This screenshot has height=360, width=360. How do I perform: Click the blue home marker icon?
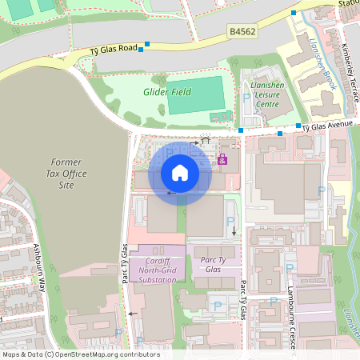pos(180,173)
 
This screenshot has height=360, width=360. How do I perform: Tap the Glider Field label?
pos(168,92)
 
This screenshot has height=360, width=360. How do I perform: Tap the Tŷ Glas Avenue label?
pos(332,125)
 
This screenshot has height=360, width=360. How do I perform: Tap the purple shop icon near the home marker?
pos(222,160)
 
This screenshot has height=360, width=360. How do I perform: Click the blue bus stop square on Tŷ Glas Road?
pos(141,50)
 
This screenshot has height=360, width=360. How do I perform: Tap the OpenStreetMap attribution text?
pos(80,354)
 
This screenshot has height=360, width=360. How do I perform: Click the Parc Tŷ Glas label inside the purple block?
pos(210,265)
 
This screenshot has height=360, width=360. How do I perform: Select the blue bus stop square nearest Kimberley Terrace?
pos(294,14)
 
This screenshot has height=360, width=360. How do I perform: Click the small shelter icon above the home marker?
pos(206,140)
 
